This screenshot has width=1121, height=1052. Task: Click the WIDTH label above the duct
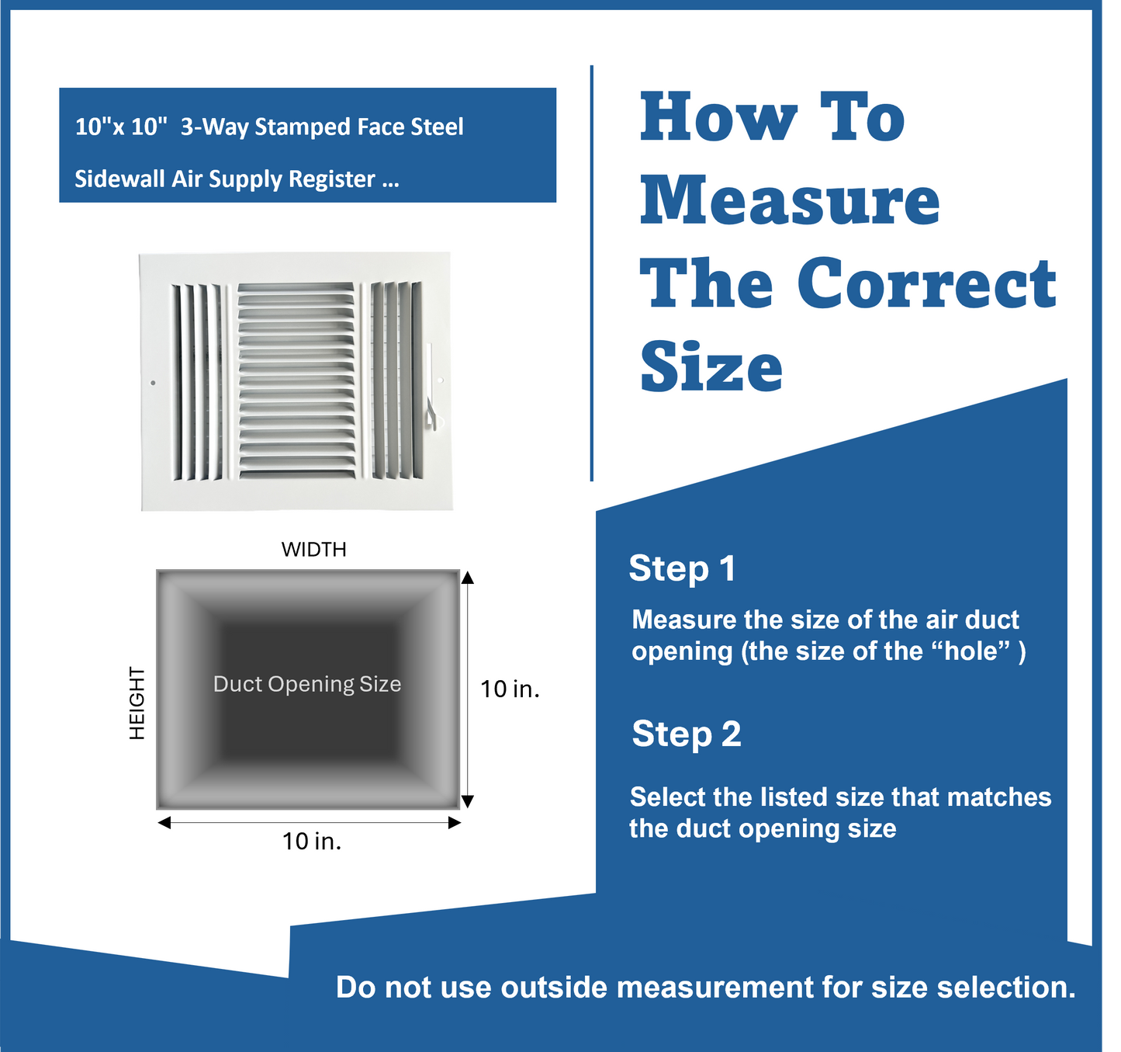pos(313,550)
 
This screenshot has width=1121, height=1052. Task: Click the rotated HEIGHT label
pos(137,703)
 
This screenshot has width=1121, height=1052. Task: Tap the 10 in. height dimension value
pos(510,689)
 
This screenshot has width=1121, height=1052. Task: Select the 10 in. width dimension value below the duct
pos(312,841)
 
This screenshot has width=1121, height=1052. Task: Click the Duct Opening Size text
pos(307,684)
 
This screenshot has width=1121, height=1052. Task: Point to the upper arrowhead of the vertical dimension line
pos(467,578)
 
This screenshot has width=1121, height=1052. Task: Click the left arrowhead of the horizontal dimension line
pos(164,823)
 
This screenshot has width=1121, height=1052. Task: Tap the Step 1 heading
pos(682,568)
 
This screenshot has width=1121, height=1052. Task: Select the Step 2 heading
pos(686,734)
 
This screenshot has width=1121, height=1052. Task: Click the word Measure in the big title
pos(789,201)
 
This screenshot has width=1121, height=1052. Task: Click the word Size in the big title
pos(711,367)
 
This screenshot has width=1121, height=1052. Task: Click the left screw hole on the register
pos(153,383)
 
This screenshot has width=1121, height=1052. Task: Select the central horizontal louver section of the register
pos(296,380)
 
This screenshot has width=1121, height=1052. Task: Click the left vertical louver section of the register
pos(197,381)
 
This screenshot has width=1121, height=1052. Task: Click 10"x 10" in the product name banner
pos(121,127)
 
